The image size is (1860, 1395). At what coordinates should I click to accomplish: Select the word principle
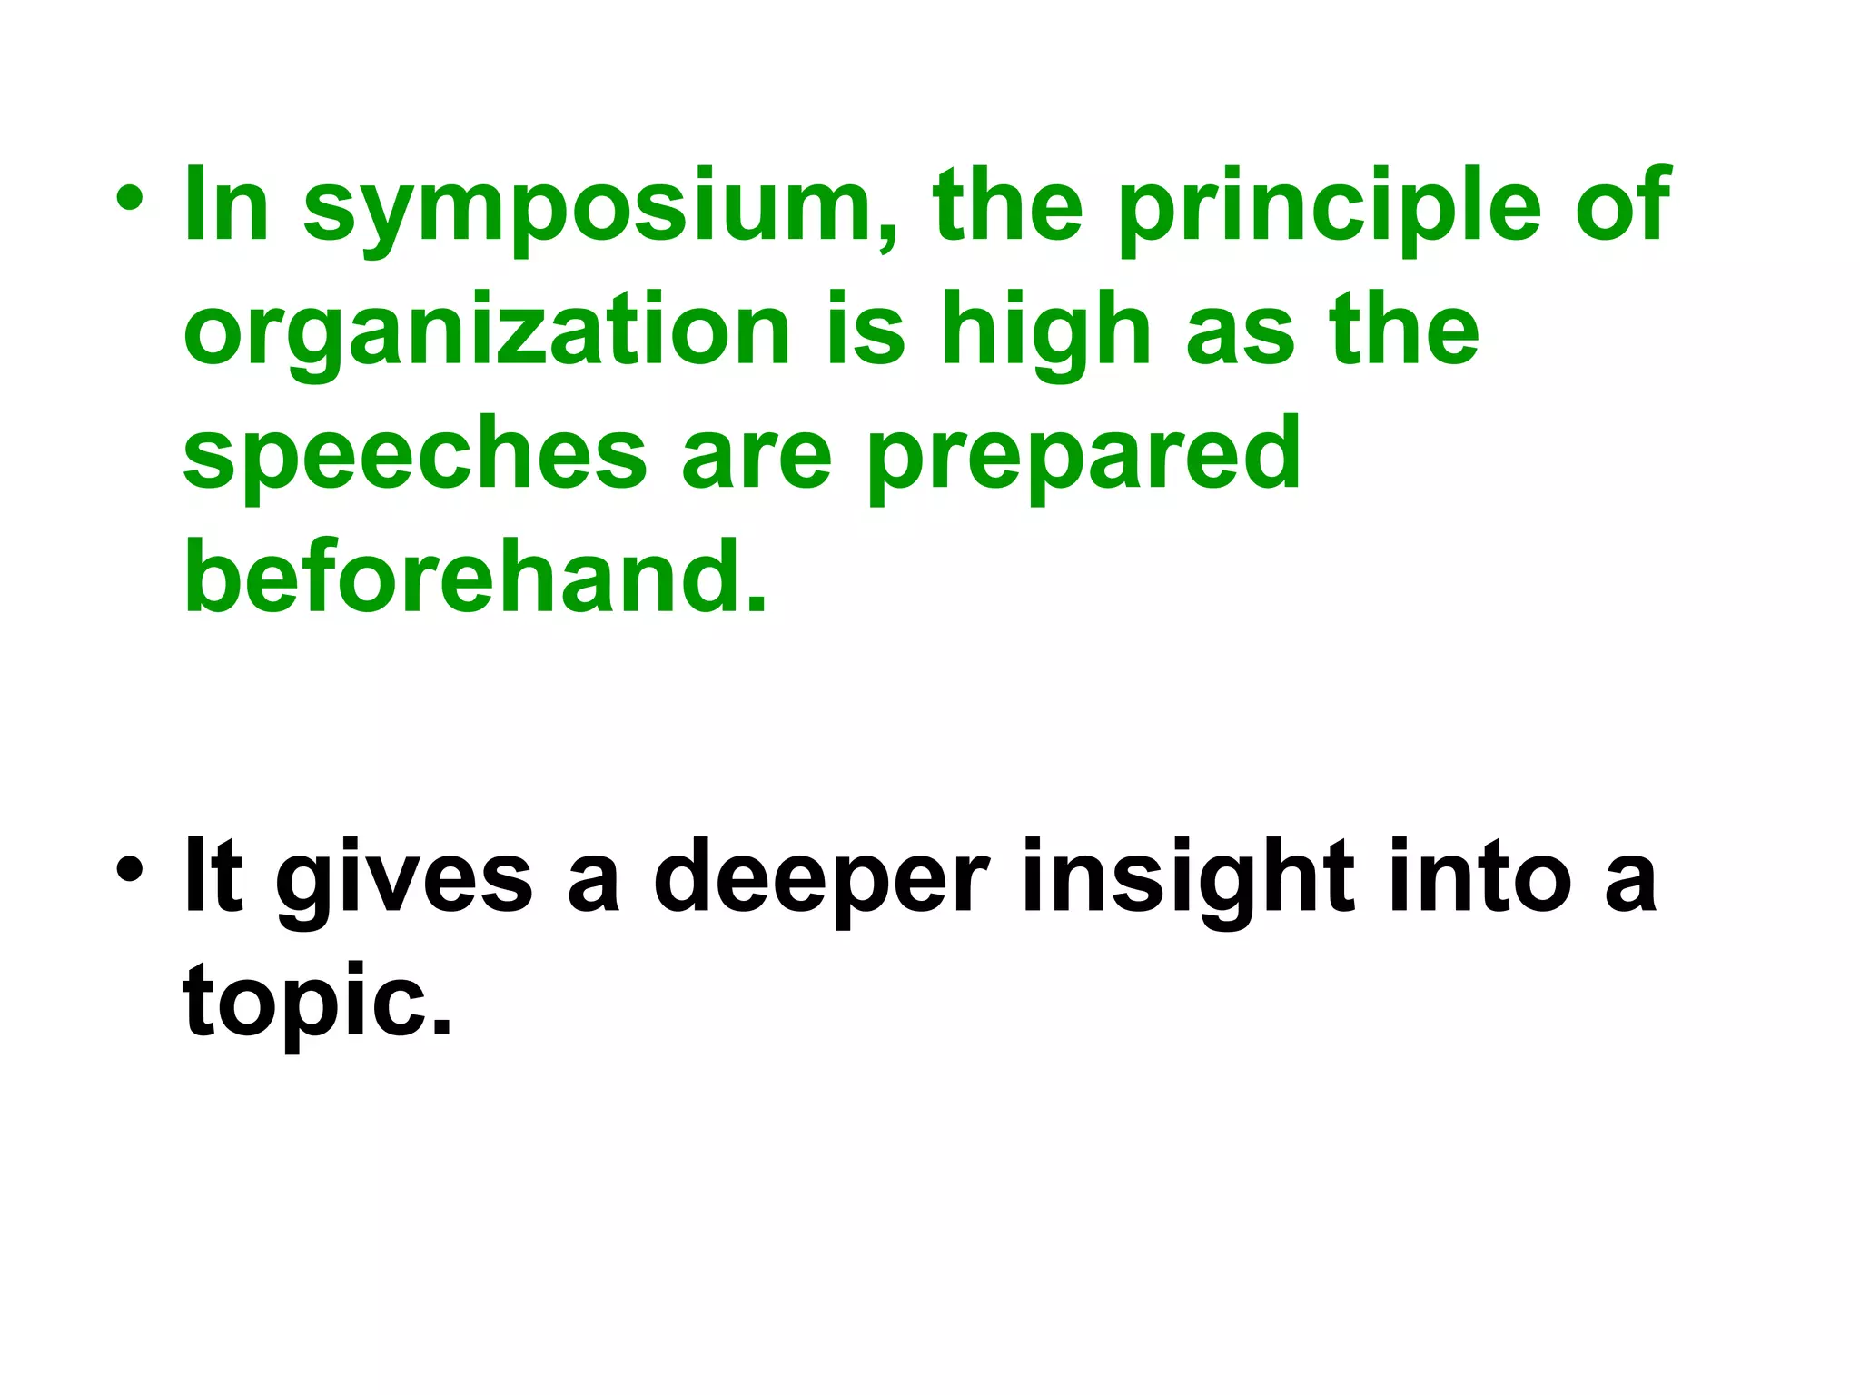pos(1330,209)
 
